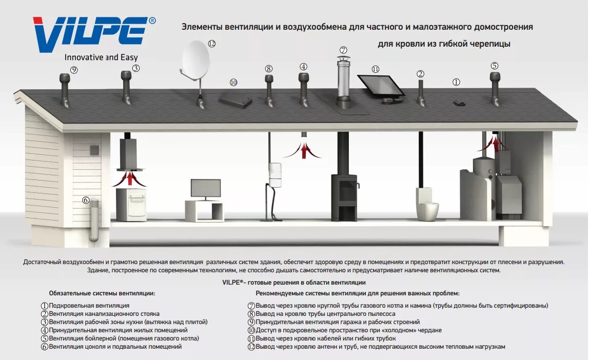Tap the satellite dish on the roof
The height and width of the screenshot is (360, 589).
click(195, 61)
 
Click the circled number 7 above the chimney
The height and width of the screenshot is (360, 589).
click(343, 50)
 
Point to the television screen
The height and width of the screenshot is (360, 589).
click(206, 188)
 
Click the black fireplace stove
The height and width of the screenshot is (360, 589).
click(344, 197)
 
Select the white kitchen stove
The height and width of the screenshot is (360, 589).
click(131, 204)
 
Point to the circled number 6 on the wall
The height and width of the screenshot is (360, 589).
click(86, 200)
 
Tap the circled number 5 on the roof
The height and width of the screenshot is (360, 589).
click(494, 66)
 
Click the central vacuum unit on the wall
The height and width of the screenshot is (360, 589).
click(276, 174)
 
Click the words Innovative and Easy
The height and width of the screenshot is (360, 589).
click(101, 58)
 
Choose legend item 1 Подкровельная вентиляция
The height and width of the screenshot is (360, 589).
click(85, 306)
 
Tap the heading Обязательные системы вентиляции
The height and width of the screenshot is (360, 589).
click(102, 293)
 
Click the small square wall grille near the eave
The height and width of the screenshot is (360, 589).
click(94, 150)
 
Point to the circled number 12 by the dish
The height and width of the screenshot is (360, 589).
click(211, 44)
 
